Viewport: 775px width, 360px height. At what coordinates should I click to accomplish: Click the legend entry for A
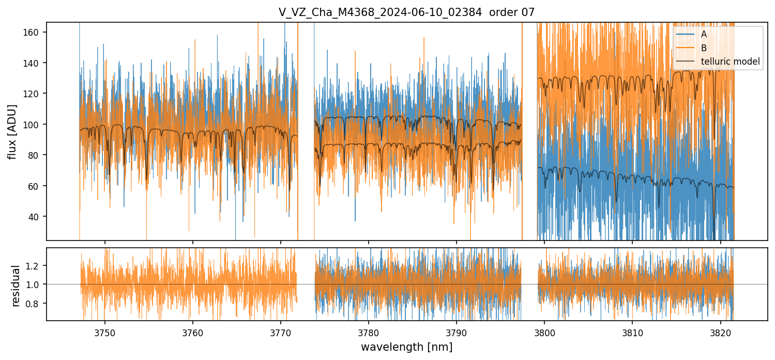704,35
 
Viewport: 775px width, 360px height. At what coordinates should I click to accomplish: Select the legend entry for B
704,48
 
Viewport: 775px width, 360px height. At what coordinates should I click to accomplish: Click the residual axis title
16,285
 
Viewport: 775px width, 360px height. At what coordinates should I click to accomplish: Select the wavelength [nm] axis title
406,347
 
